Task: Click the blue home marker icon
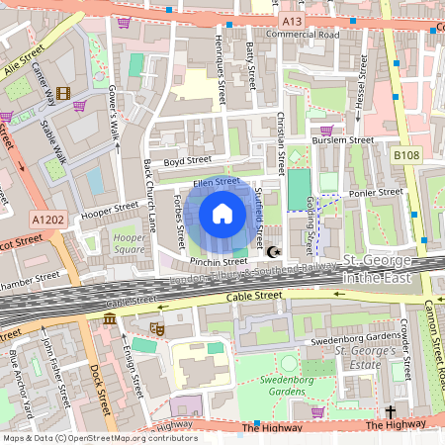pos(222,214)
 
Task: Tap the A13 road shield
pos(290,21)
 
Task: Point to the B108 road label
pos(405,155)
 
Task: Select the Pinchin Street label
pos(219,262)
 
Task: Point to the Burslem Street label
pos(341,140)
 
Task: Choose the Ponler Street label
pos(376,192)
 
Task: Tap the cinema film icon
pos(64,94)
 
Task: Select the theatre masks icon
pos(155,325)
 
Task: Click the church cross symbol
pos(390,410)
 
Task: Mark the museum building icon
pos(109,318)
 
